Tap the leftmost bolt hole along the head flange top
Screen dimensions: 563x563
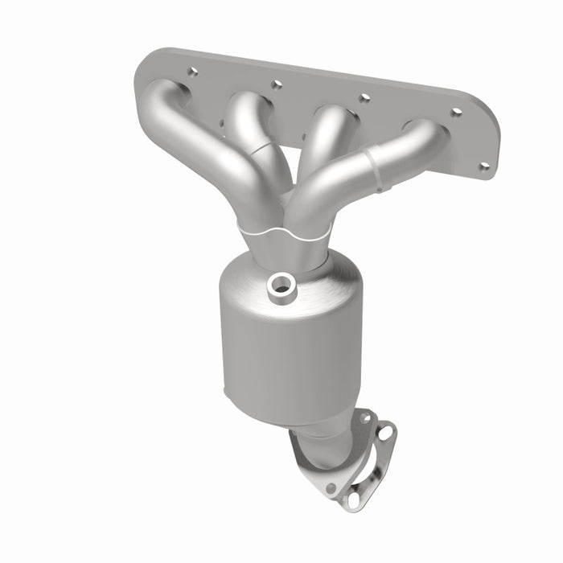click(x=192, y=72)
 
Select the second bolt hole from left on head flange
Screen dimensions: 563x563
click(x=276, y=84)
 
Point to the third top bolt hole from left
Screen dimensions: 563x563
click(x=364, y=97)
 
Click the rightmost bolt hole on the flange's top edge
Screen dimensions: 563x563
click(x=456, y=112)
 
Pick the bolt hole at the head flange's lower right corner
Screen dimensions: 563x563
click(x=484, y=167)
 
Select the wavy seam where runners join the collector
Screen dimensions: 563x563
click(x=281, y=231)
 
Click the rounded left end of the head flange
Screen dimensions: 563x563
click(x=145, y=76)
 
